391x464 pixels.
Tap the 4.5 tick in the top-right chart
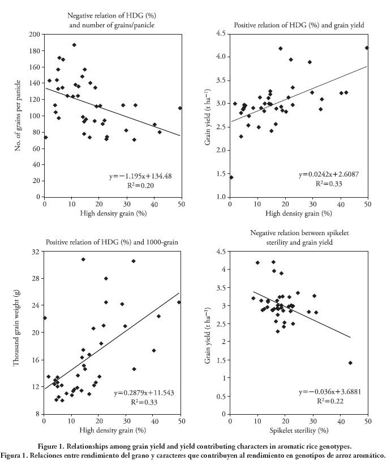(x=222, y=34)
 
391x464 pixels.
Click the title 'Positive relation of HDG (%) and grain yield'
(x=299, y=25)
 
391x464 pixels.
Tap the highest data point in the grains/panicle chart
(x=74, y=45)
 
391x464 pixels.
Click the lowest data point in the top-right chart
(x=231, y=177)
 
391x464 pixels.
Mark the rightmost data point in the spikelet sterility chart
(x=350, y=363)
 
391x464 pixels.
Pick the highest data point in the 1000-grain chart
(x=83, y=259)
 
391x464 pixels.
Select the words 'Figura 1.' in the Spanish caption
(x=20, y=455)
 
